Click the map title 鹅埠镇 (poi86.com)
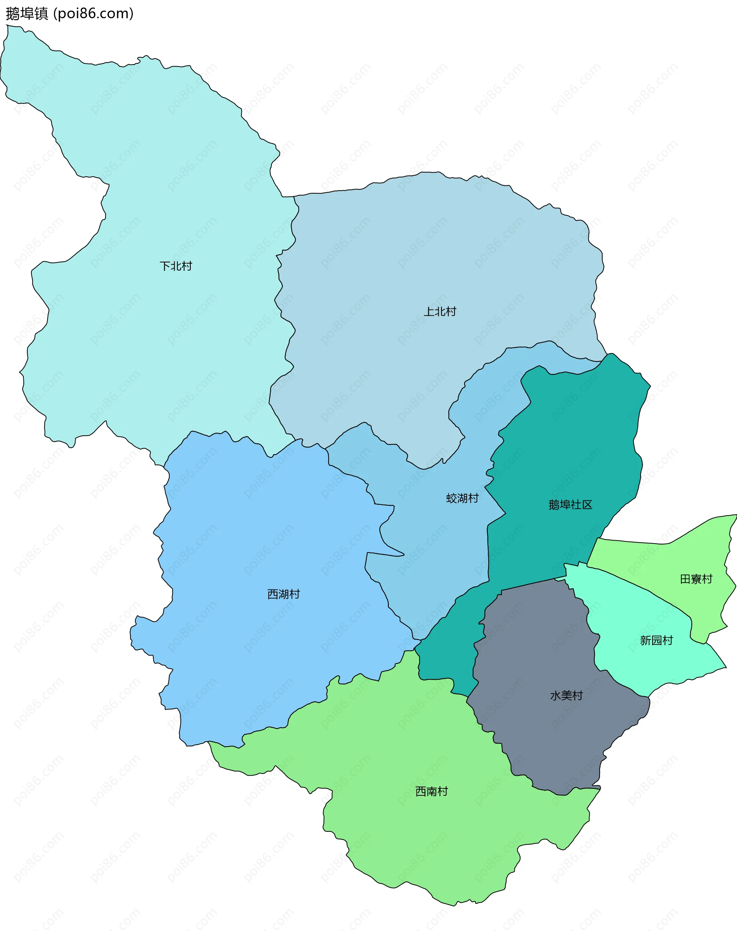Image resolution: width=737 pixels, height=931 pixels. click(x=69, y=14)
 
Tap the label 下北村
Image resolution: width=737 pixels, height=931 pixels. click(x=176, y=266)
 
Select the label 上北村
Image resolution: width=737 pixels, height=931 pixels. click(x=440, y=311)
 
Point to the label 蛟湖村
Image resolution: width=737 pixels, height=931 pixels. click(x=462, y=498)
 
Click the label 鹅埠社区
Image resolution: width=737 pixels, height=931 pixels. click(x=570, y=505)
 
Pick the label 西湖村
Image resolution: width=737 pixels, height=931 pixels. click(x=284, y=594)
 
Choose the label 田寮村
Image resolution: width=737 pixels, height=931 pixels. click(x=696, y=579)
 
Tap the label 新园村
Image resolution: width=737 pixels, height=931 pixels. click(x=656, y=641)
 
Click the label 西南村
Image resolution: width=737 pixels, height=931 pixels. click(x=431, y=791)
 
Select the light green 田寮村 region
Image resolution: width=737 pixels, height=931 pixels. click(x=673, y=557)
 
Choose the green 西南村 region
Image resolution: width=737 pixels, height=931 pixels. click(x=431, y=842)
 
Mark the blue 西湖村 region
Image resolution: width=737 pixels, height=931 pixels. click(x=259, y=540)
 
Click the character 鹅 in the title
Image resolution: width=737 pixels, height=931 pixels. click(x=13, y=14)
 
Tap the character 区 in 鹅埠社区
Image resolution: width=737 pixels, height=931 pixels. click(x=587, y=505)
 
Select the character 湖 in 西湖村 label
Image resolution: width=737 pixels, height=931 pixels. click(x=284, y=594)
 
